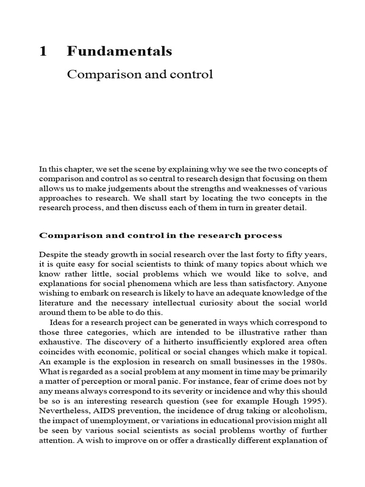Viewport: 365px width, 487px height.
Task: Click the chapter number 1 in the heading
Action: [43, 51]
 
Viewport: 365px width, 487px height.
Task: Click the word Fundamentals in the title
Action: [119, 51]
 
